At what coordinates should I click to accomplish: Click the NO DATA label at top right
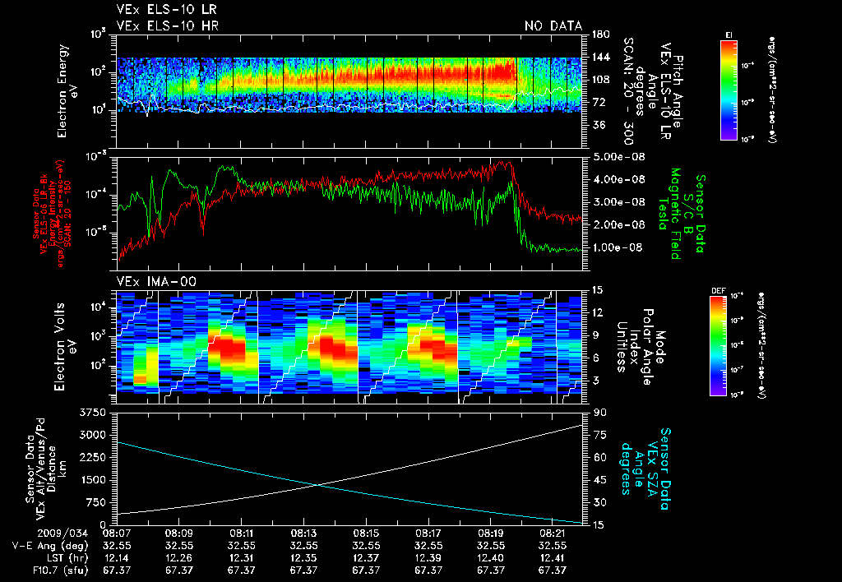click(553, 25)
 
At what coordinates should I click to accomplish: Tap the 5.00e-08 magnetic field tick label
click(615, 156)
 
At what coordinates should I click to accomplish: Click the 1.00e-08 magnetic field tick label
click(615, 247)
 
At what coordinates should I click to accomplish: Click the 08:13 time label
click(303, 533)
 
